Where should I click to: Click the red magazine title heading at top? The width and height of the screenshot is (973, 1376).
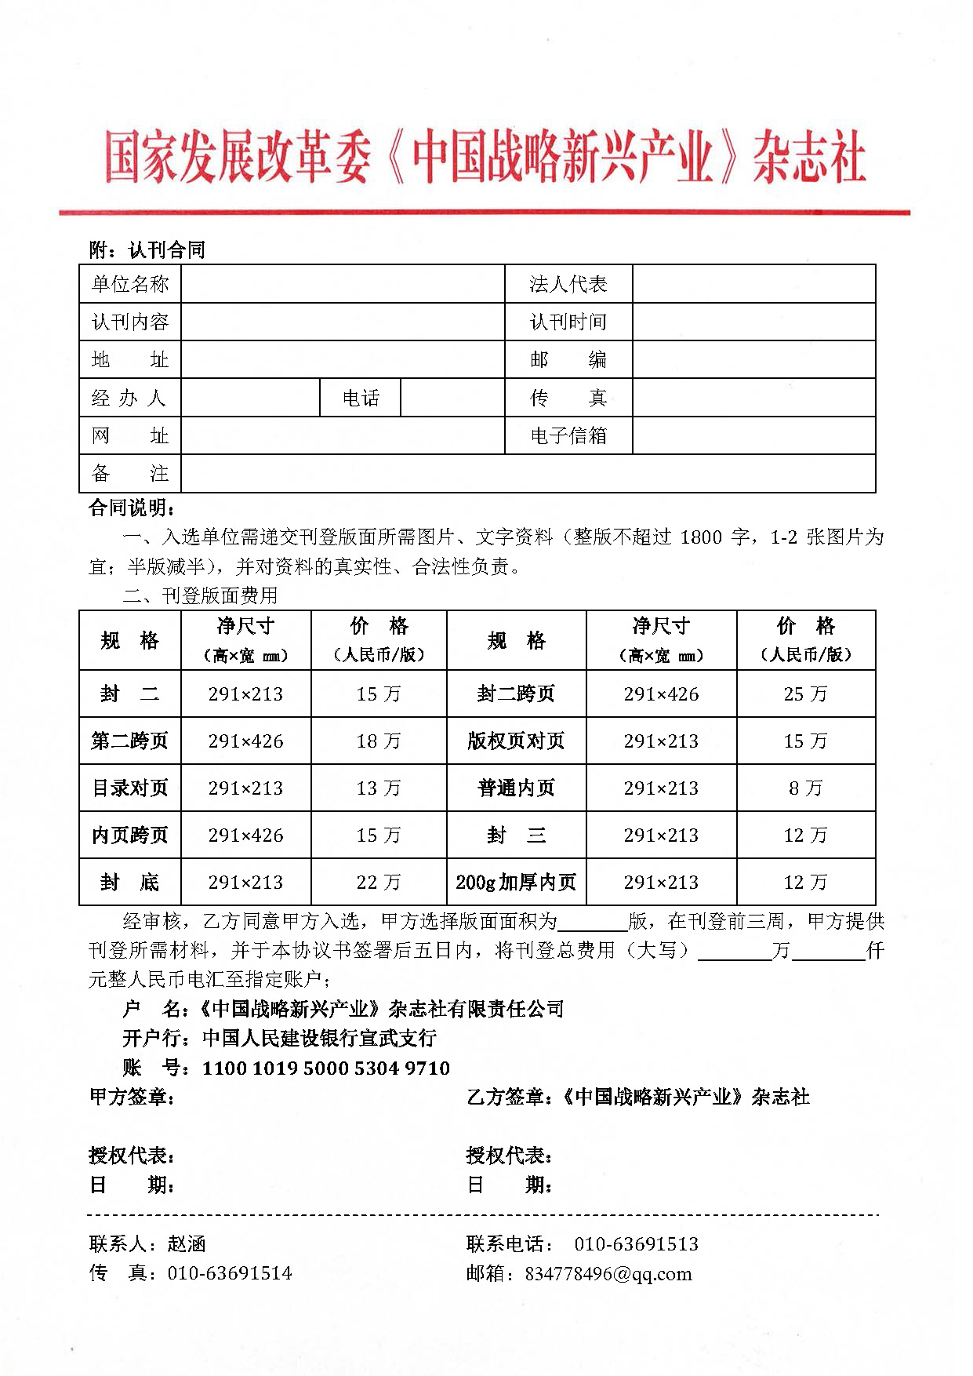coord(485,158)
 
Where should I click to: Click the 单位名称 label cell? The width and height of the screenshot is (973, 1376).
coord(130,284)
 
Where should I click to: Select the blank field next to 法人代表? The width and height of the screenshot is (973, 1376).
coord(753,284)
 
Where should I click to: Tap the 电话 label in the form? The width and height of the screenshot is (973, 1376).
coord(361,398)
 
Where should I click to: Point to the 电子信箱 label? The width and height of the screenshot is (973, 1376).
coord(568,435)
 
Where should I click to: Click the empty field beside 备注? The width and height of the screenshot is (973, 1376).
coord(528,474)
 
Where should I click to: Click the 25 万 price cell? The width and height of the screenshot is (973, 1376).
coord(805,693)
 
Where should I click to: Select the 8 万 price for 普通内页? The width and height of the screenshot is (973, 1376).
coord(805,788)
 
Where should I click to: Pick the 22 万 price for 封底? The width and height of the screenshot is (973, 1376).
coord(378,882)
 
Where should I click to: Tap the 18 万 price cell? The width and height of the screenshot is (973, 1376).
coord(378,741)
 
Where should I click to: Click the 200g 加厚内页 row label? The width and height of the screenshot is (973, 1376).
coord(516,882)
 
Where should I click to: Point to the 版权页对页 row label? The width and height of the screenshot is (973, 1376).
coord(516,741)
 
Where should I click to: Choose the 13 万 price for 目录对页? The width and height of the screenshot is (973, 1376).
coord(378,788)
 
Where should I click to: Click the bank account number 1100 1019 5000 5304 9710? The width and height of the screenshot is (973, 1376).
coord(326,1068)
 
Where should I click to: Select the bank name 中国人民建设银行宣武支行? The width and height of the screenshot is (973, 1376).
coord(319,1038)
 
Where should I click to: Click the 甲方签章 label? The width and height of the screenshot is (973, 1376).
coord(132,1097)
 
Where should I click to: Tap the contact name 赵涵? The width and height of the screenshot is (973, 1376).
coord(187,1243)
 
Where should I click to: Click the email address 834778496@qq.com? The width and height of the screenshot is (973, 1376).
coord(608,1273)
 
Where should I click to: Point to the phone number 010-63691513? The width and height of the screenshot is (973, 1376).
coord(636,1243)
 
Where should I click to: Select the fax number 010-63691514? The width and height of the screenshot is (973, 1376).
coord(230,1273)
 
